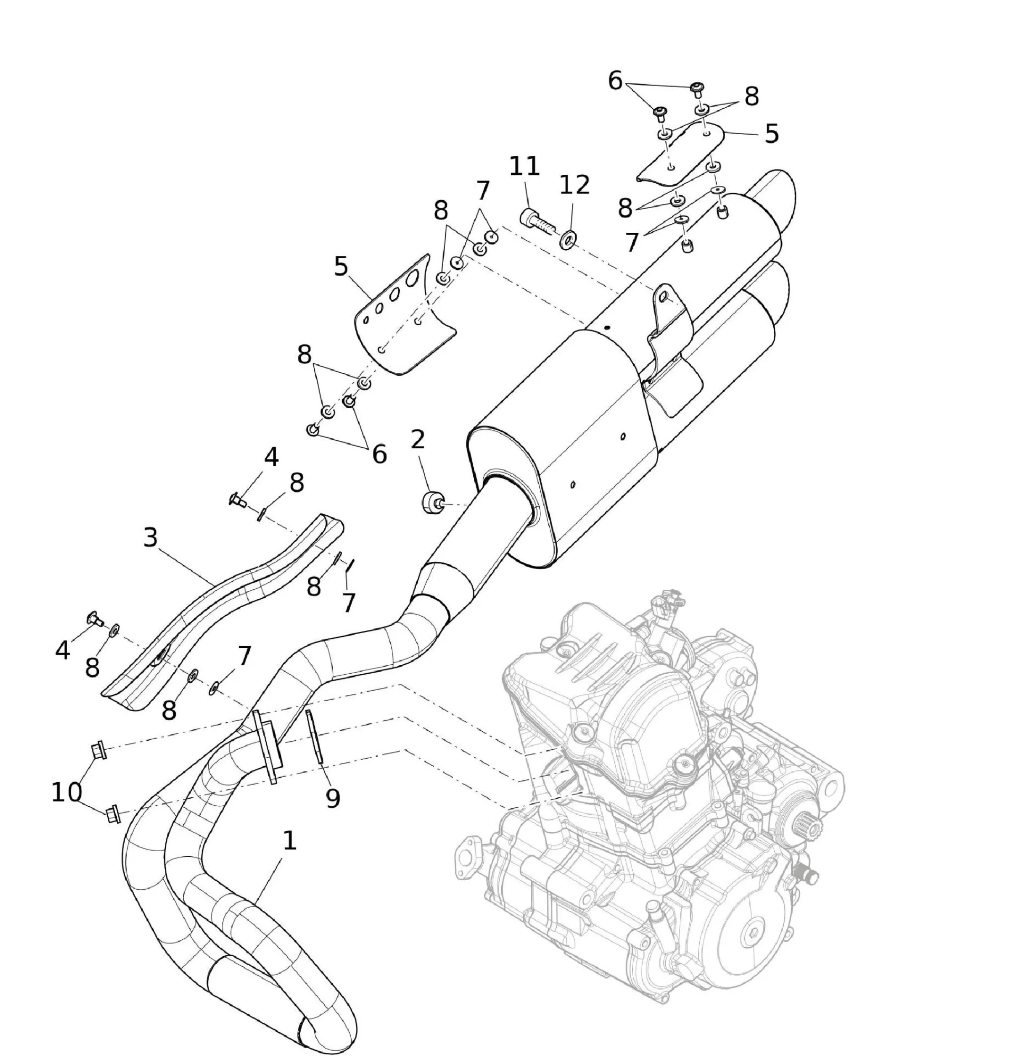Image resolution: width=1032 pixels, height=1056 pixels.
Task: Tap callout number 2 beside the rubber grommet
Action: click(x=417, y=440)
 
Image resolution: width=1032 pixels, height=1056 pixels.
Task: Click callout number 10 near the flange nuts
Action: click(x=66, y=793)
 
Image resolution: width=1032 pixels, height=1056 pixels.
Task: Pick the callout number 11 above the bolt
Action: click(x=524, y=166)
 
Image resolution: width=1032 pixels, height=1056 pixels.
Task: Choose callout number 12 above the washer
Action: click(x=574, y=185)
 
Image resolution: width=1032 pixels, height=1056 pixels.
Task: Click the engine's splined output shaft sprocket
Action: click(x=807, y=826)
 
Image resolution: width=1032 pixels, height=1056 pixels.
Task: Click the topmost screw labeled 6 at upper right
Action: click(x=697, y=88)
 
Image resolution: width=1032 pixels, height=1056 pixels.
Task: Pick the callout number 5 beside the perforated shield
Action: click(x=340, y=267)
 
